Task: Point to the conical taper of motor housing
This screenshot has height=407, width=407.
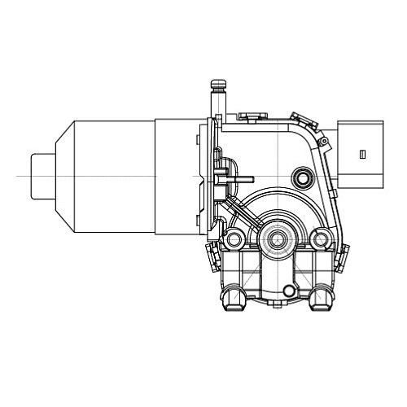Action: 63,176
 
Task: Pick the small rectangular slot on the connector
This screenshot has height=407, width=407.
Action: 361,152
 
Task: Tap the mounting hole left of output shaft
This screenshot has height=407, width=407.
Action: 235,240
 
